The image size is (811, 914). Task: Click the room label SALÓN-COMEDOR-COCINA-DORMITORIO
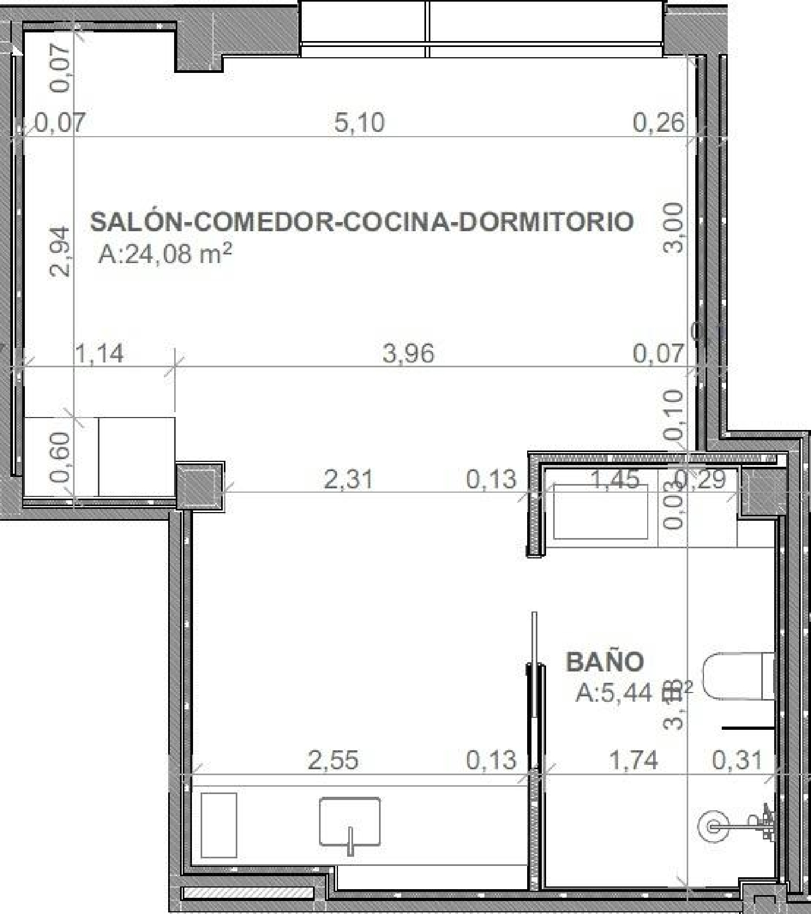click(x=361, y=221)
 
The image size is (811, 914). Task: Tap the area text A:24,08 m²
click(x=165, y=254)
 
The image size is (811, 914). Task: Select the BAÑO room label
click(x=604, y=662)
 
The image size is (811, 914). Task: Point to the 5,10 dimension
click(x=360, y=123)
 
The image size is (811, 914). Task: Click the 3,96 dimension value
click(x=408, y=354)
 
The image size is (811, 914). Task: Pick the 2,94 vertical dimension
click(x=60, y=252)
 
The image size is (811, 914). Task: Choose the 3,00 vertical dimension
click(x=674, y=227)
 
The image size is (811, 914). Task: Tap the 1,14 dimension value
click(x=99, y=354)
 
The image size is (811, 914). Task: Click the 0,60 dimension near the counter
click(x=60, y=457)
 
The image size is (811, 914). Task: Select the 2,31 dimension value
click(x=348, y=479)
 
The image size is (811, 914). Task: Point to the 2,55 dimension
click(x=333, y=760)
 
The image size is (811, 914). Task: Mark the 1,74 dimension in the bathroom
click(x=634, y=760)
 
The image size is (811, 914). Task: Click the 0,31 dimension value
click(x=737, y=760)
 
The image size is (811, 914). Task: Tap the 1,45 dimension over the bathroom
click(x=615, y=479)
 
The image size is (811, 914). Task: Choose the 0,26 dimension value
click(x=658, y=123)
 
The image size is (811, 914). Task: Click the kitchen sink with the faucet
click(x=350, y=822)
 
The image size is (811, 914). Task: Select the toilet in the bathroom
click(x=738, y=676)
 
